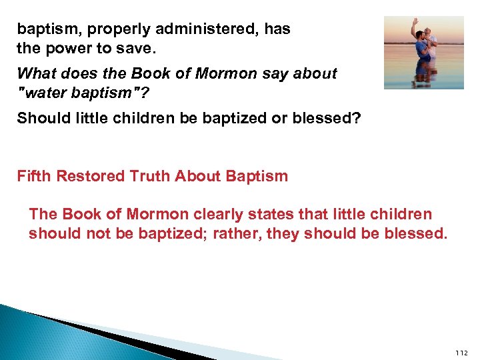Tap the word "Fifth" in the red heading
tap(33, 177)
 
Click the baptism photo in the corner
tap(423, 52)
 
